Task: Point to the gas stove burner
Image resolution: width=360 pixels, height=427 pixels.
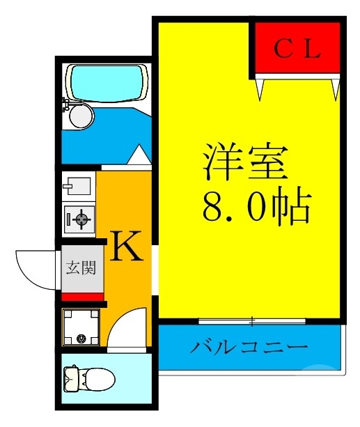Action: pos(81,221)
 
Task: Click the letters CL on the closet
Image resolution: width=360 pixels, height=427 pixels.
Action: pos(296,49)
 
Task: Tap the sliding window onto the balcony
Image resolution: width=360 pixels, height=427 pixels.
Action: pos(251,321)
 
